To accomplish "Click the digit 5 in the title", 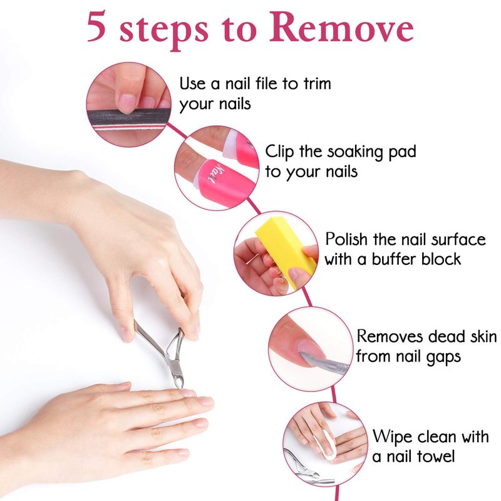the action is (96, 26).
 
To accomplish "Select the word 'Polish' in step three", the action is (346, 239).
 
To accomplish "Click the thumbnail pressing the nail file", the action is (127, 103).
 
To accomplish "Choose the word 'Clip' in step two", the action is (279, 152).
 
